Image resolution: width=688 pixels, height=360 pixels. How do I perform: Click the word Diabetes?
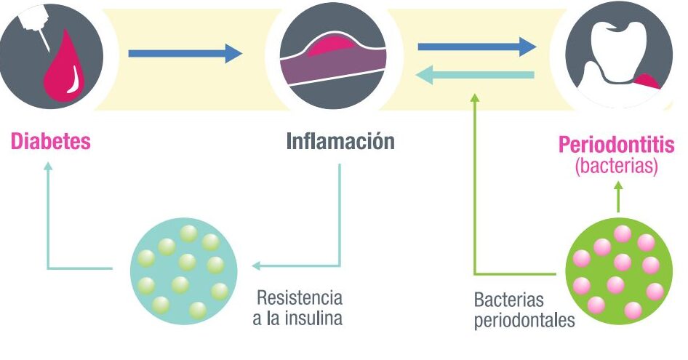pos(50,141)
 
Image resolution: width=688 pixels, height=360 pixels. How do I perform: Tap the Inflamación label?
pos(340,141)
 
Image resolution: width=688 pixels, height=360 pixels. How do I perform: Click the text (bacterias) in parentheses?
pos(616,166)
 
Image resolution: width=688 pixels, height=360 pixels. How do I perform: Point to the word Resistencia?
pos(299,298)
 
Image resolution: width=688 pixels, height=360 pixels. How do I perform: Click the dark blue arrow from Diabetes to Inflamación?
pos(185,53)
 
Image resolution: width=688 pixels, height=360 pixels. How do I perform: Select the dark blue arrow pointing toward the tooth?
pos(476,47)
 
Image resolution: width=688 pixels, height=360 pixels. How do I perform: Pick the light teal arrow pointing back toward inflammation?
pos(476,73)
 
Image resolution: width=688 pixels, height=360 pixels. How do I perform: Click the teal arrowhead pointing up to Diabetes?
pos(48,166)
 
